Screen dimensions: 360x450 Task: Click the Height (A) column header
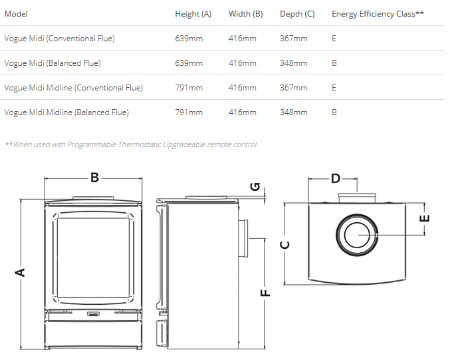click(193, 14)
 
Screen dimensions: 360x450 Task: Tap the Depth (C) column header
click(297, 14)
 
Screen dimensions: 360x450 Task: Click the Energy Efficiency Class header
click(378, 14)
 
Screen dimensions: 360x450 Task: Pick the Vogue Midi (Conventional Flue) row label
click(59, 39)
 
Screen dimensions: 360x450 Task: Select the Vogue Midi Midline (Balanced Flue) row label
click(66, 112)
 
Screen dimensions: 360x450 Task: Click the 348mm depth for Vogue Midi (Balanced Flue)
click(293, 63)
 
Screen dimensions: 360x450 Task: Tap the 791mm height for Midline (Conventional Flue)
click(189, 88)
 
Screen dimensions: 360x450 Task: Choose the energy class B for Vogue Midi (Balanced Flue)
click(334, 63)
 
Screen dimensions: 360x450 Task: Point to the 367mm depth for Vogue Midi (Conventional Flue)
click(293, 39)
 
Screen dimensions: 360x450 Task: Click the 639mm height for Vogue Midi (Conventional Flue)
click(189, 39)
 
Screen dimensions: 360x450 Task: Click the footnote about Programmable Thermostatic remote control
click(130, 144)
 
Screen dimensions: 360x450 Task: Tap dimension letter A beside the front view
click(20, 272)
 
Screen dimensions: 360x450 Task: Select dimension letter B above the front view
click(94, 178)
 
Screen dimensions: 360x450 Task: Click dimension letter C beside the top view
click(284, 244)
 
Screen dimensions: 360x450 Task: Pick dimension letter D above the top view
click(336, 178)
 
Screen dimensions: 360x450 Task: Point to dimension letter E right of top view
click(425, 218)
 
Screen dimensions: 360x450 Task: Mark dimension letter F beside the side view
click(265, 293)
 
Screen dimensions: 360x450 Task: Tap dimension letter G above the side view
click(255, 187)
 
